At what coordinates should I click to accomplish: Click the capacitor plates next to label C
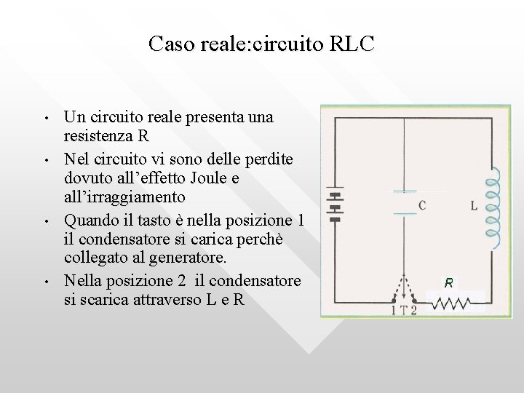pyautogui.click(x=404, y=202)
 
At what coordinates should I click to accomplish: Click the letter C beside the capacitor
pyautogui.click(x=423, y=206)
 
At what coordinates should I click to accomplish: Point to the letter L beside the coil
pyautogui.click(x=474, y=206)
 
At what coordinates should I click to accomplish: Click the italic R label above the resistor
pyautogui.click(x=449, y=282)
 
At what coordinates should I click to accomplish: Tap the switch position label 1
pyautogui.click(x=394, y=310)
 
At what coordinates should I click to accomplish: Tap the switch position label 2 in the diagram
pyautogui.click(x=413, y=310)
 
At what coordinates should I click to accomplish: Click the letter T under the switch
pyautogui.click(x=403, y=310)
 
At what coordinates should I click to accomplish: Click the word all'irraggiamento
pyautogui.click(x=124, y=197)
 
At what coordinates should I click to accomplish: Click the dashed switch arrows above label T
pyautogui.click(x=404, y=287)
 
